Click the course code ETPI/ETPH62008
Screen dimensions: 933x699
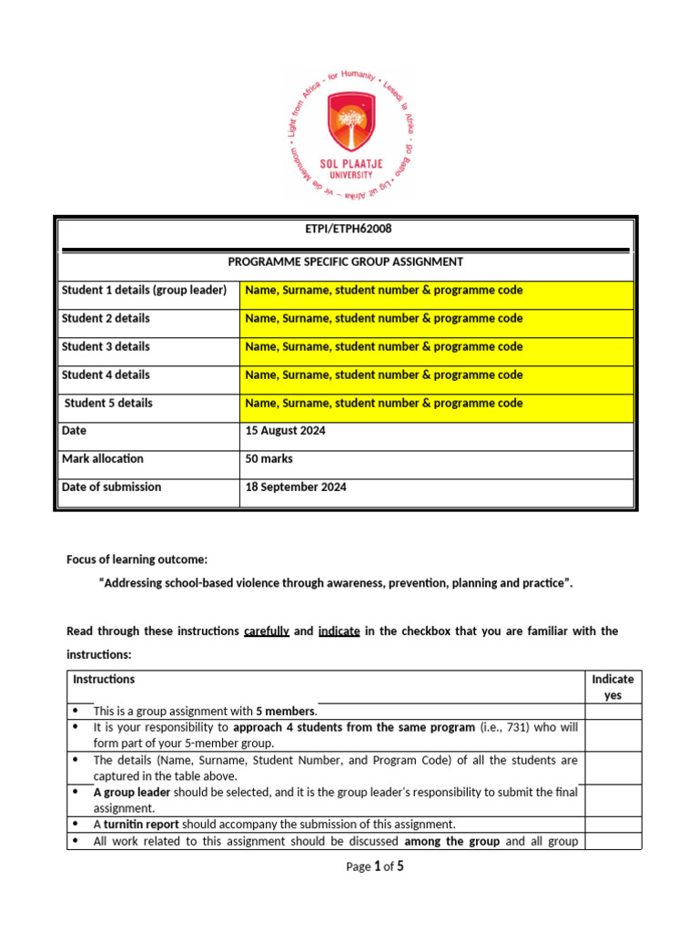coord(348,230)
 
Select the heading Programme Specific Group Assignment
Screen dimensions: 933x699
coord(345,262)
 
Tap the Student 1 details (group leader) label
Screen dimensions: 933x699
coord(143,291)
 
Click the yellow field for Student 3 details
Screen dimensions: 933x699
coord(436,347)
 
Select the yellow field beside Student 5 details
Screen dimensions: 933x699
coord(436,404)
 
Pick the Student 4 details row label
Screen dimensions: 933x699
coord(106,375)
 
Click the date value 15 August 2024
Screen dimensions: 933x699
coord(285,432)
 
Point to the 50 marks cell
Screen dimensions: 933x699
coord(269,459)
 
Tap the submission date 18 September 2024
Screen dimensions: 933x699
coord(296,487)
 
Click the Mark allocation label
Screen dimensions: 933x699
coord(102,459)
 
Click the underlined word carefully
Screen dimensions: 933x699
coord(267,631)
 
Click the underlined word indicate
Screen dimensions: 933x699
coord(339,631)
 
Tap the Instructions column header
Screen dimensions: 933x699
coord(104,680)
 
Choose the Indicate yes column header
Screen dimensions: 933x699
coord(613,687)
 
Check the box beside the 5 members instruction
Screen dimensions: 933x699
coord(613,712)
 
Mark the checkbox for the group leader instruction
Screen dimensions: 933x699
coord(613,799)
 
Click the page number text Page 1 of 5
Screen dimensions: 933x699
coord(375,866)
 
